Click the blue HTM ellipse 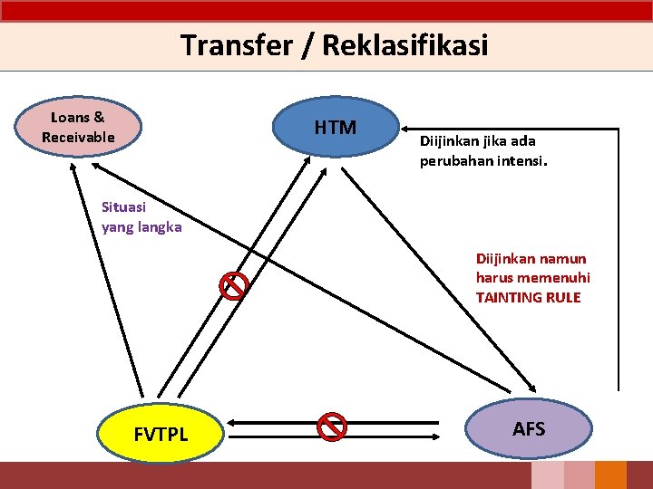pyautogui.click(x=336, y=128)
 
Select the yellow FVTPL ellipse pyautogui.click(x=161, y=434)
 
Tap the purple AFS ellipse pyautogui.click(x=529, y=428)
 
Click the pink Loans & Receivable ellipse pyautogui.click(x=78, y=128)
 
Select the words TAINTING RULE pyautogui.click(x=528, y=297)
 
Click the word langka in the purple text pyautogui.click(x=160, y=227)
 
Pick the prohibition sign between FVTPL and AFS pyautogui.click(x=333, y=427)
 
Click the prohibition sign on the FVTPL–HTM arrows pyautogui.click(x=234, y=285)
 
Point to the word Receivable pyautogui.click(x=78, y=138)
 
